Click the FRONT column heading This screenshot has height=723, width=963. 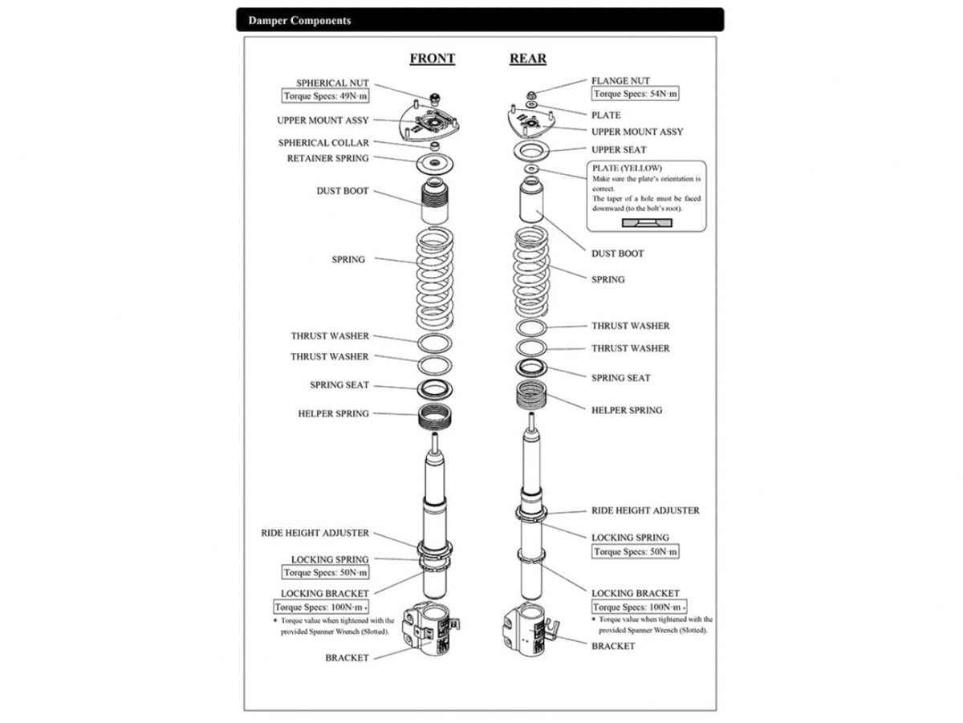432,59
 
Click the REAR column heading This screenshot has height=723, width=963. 527,59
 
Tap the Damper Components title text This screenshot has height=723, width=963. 299,20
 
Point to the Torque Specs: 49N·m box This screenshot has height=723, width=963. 326,96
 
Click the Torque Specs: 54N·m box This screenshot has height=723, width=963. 636,94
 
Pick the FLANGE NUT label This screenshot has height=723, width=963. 620,81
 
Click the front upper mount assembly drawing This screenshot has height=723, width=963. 433,126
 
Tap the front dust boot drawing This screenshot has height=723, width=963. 435,205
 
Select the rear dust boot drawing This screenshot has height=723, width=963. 531,204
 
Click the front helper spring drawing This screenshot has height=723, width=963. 435,416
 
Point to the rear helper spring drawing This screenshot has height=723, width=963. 531,396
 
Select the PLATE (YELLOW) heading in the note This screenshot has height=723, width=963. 626,169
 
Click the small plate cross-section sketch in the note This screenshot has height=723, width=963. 647,221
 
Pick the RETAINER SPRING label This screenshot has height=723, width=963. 327,158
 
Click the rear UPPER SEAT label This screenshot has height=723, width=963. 618,150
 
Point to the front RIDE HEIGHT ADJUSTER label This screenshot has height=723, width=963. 315,533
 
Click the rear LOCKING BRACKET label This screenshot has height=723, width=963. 635,593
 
